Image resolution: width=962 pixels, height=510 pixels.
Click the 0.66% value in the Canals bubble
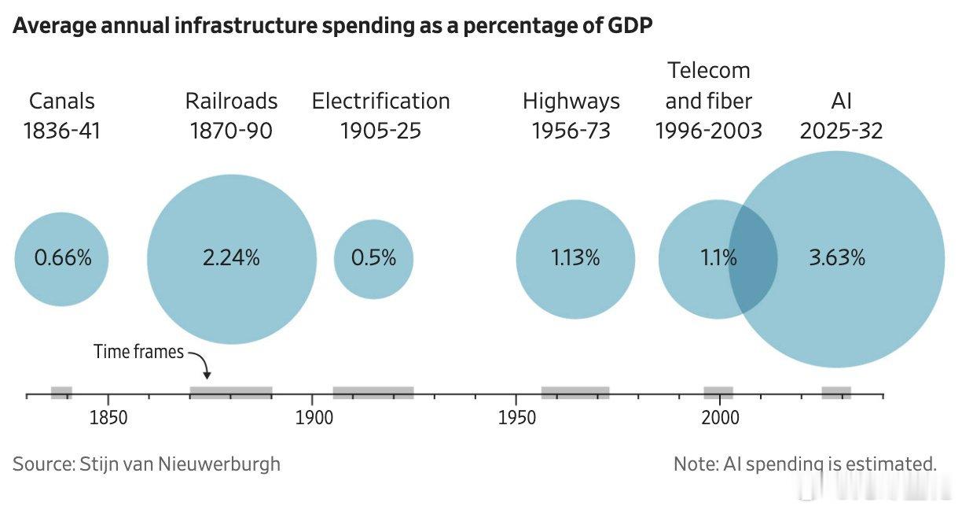(63, 257)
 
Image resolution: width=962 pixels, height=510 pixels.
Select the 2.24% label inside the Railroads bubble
(231, 257)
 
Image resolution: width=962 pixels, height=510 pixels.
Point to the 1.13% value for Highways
(575, 257)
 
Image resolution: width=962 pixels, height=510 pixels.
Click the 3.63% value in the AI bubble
(837, 257)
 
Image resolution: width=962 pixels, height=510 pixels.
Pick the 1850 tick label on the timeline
(108, 418)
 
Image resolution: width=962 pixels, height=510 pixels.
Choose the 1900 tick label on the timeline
(314, 418)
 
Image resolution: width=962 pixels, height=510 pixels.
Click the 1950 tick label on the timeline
(516, 418)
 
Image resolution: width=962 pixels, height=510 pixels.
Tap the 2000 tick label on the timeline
(720, 418)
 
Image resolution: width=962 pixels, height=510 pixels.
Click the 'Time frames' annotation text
(138, 352)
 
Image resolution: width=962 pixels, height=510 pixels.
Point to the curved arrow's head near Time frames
(207, 376)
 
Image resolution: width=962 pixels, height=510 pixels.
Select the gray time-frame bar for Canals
(61, 393)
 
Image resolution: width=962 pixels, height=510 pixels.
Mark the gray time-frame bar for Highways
(575, 393)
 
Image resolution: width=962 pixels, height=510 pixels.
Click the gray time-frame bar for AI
(836, 393)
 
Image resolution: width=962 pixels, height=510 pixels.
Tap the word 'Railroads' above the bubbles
(231, 102)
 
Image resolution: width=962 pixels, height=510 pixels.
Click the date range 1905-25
(380, 131)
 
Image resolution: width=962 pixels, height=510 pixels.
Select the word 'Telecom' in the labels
(709, 71)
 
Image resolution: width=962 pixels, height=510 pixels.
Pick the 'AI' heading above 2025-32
(841, 102)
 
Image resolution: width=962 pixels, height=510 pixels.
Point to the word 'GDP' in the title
(630, 25)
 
